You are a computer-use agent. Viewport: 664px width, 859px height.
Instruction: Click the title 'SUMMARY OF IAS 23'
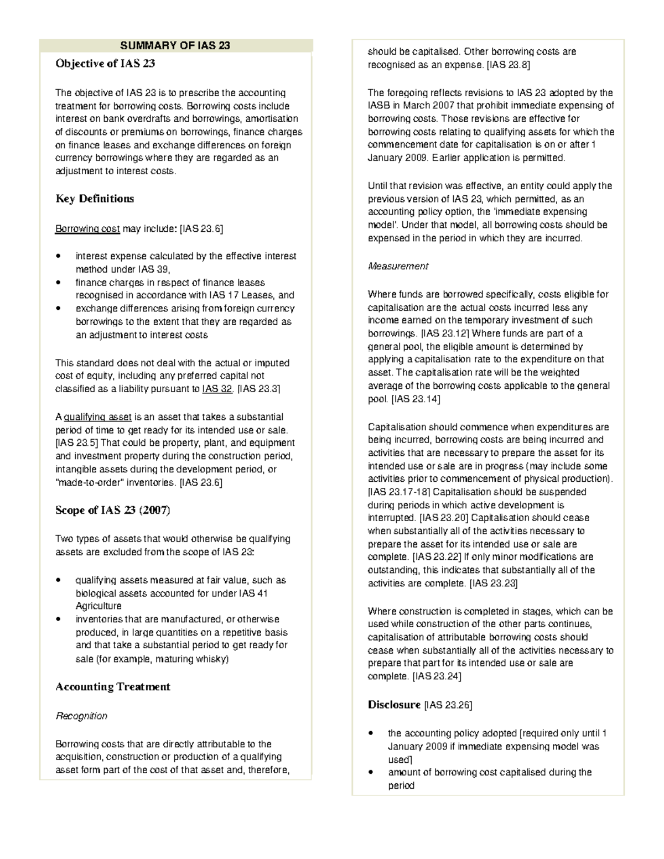pos(175,45)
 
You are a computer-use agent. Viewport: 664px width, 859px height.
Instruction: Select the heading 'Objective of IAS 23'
pos(105,64)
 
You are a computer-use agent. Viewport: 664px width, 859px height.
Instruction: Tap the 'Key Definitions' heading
pos(95,199)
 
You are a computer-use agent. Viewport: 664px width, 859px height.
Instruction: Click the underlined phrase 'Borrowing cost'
pos(87,228)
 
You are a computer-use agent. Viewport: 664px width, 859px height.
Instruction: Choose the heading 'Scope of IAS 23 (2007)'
pos(113,510)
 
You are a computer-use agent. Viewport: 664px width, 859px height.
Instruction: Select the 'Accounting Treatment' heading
pos(113,687)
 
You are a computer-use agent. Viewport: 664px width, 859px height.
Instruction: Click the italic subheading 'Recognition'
pos(82,716)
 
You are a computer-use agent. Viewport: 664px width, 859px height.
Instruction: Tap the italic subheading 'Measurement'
pos(398,266)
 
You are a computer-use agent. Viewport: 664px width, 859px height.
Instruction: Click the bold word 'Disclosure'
pos(394,705)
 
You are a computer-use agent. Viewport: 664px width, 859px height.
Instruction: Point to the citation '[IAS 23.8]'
pos(508,65)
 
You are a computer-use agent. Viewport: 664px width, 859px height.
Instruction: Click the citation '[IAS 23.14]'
pos(416,398)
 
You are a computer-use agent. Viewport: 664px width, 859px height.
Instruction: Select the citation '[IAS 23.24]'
pos(437,676)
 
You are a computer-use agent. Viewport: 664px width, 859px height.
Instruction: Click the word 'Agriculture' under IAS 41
pos(98,606)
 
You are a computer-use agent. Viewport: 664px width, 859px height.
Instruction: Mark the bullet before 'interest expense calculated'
pos(59,256)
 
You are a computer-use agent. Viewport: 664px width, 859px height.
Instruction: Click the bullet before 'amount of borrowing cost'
pos(371,772)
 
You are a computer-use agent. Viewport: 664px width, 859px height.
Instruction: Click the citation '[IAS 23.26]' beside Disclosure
pos(448,705)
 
